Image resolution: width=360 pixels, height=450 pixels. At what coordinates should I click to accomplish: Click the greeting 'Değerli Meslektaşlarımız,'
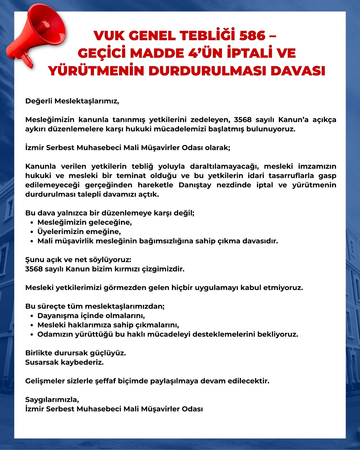pyautogui.click(x=72, y=101)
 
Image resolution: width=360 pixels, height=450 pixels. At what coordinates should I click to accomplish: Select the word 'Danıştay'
pyautogui.click(x=195, y=185)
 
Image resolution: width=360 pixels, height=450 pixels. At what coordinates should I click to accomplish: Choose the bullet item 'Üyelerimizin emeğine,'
pyautogui.click(x=79, y=232)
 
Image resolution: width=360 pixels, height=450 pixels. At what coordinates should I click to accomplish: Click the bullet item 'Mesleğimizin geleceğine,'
pyautogui.click(x=84, y=222)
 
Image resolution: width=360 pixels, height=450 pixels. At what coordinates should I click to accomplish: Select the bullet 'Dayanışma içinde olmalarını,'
pyautogui.click(x=91, y=316)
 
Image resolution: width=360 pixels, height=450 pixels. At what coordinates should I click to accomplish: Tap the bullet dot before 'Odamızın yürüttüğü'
pyautogui.click(x=32, y=334)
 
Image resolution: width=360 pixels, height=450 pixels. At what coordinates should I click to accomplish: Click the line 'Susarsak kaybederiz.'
pyautogui.click(x=64, y=362)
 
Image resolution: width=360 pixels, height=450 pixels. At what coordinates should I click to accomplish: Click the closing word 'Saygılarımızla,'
pyautogui.click(x=52, y=400)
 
